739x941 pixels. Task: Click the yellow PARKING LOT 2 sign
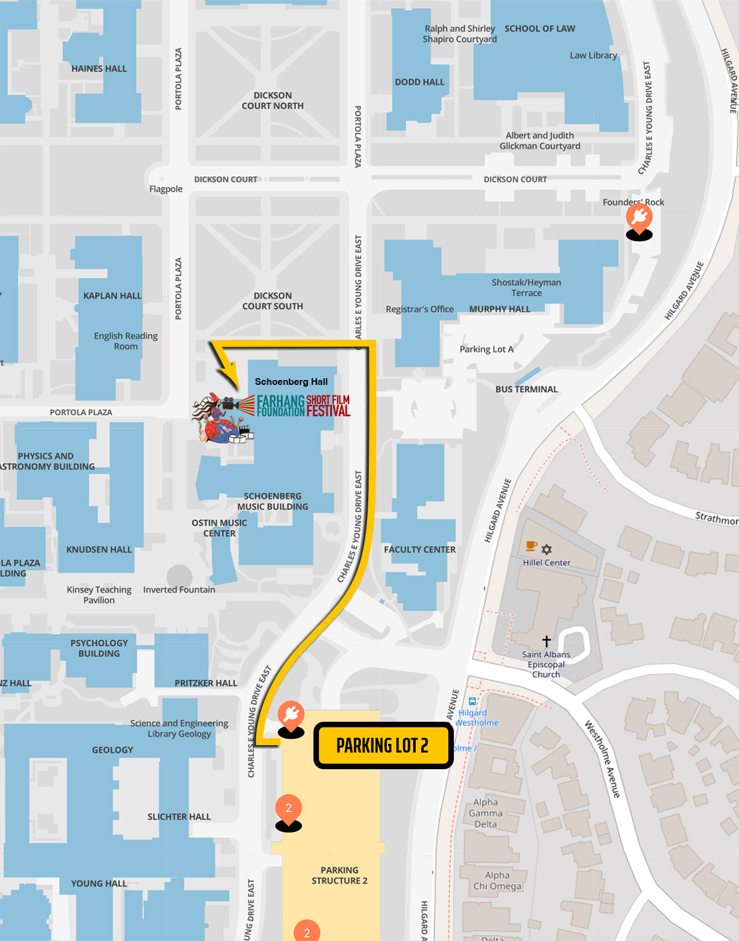383,746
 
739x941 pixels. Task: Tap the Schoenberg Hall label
291,382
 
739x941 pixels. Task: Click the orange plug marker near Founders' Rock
639,218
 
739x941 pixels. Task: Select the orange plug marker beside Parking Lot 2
291,715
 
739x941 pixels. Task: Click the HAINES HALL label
99,69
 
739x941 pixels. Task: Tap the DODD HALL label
419,82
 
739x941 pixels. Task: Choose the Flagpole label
166,189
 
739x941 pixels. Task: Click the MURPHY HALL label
499,309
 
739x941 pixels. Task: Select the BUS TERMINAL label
527,389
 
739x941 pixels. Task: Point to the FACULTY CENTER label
420,549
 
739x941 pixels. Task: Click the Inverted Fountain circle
179,577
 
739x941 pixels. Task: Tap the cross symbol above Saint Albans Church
546,641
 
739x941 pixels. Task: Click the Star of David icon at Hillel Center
547,549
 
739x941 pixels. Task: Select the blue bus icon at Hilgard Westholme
472,701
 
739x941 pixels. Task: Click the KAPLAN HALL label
112,296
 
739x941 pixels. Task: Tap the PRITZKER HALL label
206,683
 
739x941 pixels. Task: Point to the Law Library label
593,55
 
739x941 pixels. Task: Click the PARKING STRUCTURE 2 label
339,875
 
